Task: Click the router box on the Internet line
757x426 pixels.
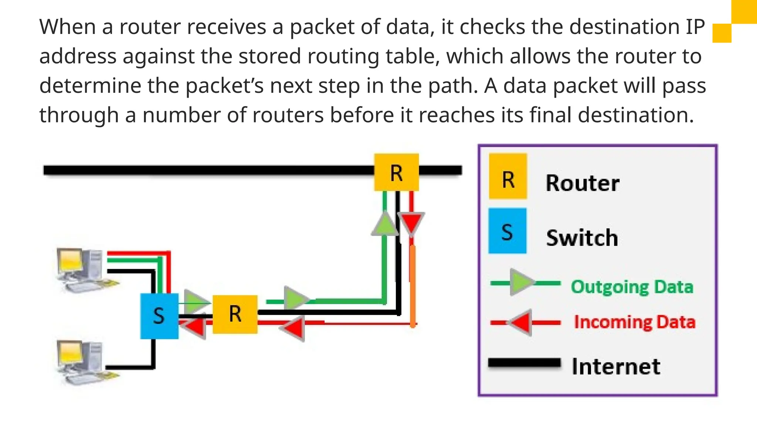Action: tap(396, 172)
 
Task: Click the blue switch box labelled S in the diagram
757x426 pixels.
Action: tap(159, 316)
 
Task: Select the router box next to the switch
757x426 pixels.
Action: tap(235, 314)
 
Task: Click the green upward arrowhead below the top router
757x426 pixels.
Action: tap(385, 224)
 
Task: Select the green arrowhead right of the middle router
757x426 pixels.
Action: tap(295, 298)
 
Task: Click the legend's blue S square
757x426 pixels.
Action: tap(507, 231)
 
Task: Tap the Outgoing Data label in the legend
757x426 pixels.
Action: tap(632, 287)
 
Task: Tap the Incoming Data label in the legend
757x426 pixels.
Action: tap(634, 322)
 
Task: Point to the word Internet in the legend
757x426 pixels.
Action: tap(616, 366)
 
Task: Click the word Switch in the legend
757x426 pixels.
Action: tap(582, 238)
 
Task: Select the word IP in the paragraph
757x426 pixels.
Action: tap(695, 27)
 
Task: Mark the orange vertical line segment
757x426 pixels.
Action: tap(413, 285)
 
